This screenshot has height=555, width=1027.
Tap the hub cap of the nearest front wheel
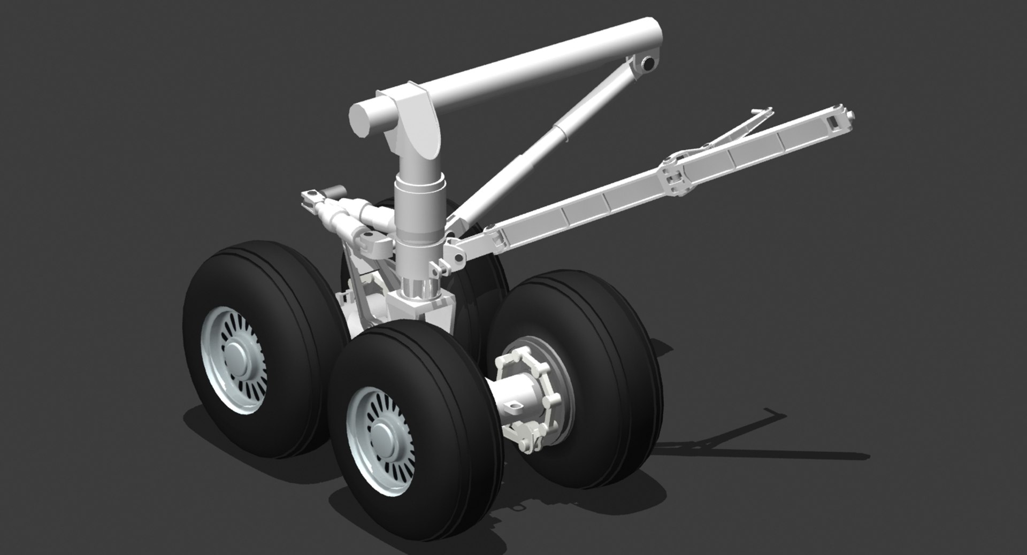(382, 433)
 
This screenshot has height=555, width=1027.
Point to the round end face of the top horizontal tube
(362, 122)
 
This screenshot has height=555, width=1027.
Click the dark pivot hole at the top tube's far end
(648, 64)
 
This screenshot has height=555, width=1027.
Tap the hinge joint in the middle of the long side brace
(675, 176)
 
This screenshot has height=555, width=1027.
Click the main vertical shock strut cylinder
(420, 214)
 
